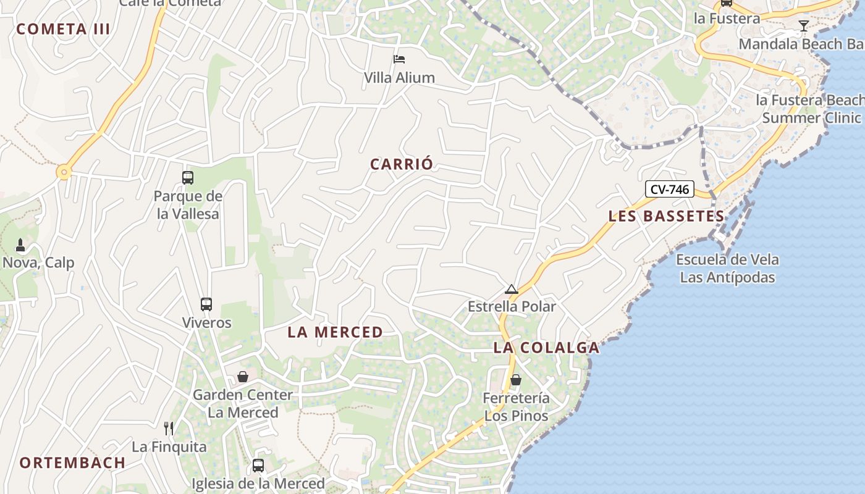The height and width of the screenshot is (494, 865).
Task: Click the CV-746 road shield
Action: [x=670, y=190]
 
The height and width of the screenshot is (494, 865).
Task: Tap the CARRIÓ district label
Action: [x=402, y=164]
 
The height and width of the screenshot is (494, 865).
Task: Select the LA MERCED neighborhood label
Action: [x=335, y=332]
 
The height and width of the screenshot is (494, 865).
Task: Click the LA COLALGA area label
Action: [x=546, y=348]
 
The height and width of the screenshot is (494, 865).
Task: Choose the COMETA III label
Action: [x=63, y=29]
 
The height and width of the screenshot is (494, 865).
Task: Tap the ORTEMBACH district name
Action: [x=72, y=463]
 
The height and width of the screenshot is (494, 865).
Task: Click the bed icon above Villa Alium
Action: [x=399, y=59]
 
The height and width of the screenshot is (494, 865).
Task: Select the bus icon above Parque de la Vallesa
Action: [x=188, y=178]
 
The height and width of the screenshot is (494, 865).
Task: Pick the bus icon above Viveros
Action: [x=206, y=304]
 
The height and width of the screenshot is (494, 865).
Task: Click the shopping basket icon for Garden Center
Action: [x=243, y=377]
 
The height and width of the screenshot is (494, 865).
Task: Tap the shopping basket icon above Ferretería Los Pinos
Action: [x=516, y=380]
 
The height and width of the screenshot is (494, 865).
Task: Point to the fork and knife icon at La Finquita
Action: [x=169, y=428]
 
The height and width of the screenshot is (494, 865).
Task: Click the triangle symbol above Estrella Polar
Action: [x=511, y=289]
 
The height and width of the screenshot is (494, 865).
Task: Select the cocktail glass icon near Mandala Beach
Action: [x=803, y=26]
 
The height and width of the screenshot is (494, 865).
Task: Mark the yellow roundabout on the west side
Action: [x=64, y=172]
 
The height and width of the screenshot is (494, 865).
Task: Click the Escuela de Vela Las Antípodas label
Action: [x=727, y=269]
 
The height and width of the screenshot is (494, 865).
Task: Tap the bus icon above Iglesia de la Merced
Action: [x=258, y=466]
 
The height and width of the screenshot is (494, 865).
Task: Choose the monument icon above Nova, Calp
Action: [x=20, y=245]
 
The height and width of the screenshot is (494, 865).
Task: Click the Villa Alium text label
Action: [x=399, y=78]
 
